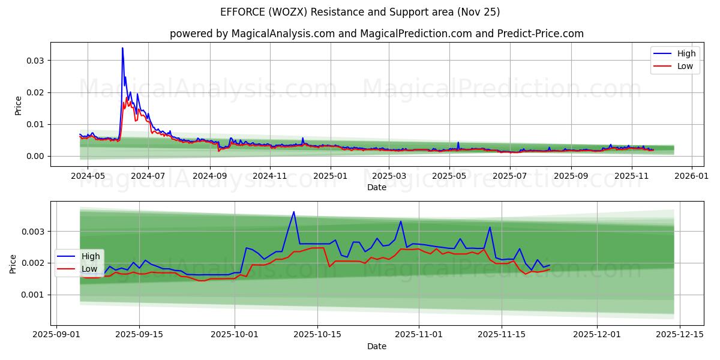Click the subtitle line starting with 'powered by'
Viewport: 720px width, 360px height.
pos(376,34)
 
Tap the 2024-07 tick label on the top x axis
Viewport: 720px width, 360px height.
pos(148,176)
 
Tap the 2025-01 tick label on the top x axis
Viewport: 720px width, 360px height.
pos(330,176)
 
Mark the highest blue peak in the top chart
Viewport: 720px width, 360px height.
pos(122,48)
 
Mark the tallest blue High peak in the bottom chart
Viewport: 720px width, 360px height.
pos(293,212)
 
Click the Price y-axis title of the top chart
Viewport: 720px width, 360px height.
pos(18,105)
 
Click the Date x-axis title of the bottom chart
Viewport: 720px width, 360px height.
pos(376,346)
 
